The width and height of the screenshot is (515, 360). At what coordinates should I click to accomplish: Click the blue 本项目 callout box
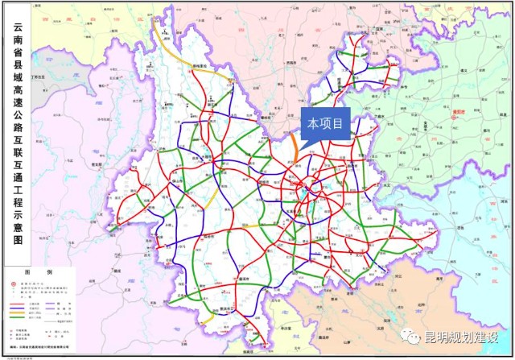[x=326, y=124]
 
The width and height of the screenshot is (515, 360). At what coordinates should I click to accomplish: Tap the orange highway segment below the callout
[x=295, y=152]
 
